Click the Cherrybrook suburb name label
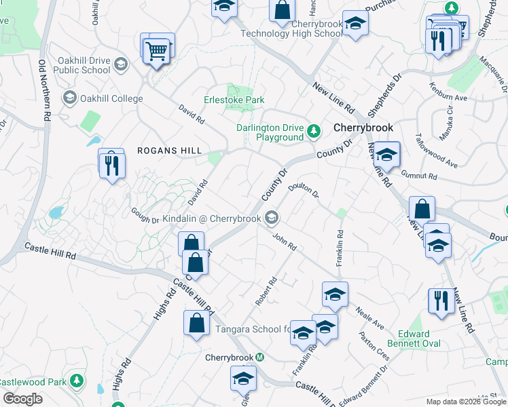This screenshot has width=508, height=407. coord(363,128)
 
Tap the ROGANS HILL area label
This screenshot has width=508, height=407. coord(164,151)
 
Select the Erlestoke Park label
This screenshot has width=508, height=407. coord(234,100)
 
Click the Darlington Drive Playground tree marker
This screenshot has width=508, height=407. coord(314,130)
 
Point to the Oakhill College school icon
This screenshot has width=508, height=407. coord(69,98)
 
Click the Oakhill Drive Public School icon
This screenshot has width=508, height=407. coord(121,64)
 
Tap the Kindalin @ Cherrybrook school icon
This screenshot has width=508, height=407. coord(272,218)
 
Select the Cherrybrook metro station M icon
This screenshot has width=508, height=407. coord(259,357)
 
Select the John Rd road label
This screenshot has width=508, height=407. coord(284,242)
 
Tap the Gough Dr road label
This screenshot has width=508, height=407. coord(145,215)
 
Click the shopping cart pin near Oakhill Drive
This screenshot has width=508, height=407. coord(157,50)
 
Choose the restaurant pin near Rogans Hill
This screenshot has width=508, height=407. coord(111,165)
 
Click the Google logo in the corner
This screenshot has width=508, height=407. coord(23,399)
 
